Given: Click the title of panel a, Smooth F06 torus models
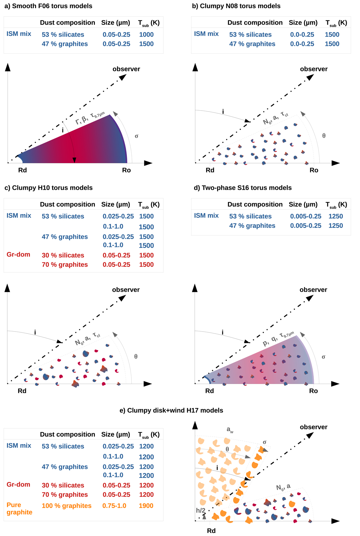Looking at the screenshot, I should pyautogui.click(x=48, y=6).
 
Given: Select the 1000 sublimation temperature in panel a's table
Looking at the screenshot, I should pyautogui.click(x=146, y=34).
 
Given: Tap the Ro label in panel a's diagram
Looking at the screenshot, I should pyautogui.click(x=126, y=170).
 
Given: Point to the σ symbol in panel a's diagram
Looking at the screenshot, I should pyautogui.click(x=136, y=136).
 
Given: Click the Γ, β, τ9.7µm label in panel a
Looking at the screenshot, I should pyautogui.click(x=90, y=118).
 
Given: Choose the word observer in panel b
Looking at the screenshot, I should pyautogui.click(x=313, y=69).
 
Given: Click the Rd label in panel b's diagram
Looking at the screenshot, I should pyautogui.click(x=210, y=170).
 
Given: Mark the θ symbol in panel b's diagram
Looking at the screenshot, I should pyautogui.click(x=324, y=136).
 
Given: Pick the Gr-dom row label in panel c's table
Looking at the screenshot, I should pyautogui.click(x=18, y=255).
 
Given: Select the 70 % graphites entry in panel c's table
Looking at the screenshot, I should pyautogui.click(x=65, y=265).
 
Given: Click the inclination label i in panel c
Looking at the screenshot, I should pyautogui.click(x=35, y=332).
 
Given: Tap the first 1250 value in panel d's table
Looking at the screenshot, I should pyautogui.click(x=335, y=216).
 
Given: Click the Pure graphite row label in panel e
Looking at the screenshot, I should pyautogui.click(x=19, y=508).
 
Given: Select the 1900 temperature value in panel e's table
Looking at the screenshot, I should pyautogui.click(x=146, y=506).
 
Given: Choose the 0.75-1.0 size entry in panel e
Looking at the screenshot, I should pyautogui.click(x=114, y=506).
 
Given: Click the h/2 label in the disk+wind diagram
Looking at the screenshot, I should pyautogui.click(x=201, y=511).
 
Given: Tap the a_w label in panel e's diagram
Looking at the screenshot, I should pyautogui.click(x=230, y=430).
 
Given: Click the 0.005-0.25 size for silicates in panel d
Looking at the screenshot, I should pyautogui.click(x=305, y=216).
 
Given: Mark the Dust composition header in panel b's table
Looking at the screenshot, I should pyautogui.click(x=255, y=22).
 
